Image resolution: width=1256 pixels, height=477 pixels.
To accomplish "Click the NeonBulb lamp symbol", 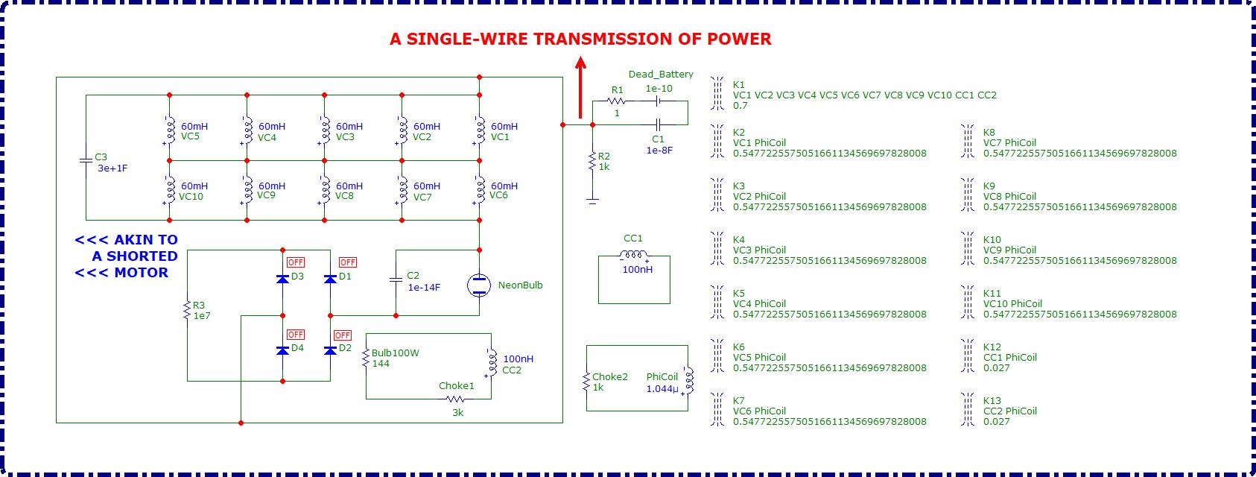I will pyautogui.click(x=478, y=285).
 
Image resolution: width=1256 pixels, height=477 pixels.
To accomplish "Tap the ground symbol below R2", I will pyautogui.click(x=592, y=200).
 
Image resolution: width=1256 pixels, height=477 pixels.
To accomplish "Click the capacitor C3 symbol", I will pyautogui.click(x=86, y=160).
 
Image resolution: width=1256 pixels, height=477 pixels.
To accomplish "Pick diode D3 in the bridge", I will pyautogui.click(x=282, y=278).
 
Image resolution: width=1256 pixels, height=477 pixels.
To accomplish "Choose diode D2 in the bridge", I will pyautogui.click(x=331, y=350).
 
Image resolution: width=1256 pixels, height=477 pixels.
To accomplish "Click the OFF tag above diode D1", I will pyautogui.click(x=347, y=262).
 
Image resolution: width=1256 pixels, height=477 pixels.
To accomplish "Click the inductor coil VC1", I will pyautogui.click(x=478, y=131).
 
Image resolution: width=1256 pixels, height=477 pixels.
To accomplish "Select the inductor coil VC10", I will pyautogui.click(x=169, y=191).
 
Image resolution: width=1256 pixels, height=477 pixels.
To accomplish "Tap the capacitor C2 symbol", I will pyautogui.click(x=396, y=280).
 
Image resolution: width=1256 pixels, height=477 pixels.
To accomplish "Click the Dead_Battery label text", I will pyautogui.click(x=661, y=75).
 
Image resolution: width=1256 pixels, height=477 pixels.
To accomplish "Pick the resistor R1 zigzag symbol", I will pyautogui.click(x=616, y=101).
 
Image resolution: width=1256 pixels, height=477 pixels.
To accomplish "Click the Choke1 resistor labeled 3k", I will pyautogui.click(x=456, y=399).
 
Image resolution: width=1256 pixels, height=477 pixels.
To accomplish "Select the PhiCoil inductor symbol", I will pyautogui.click(x=687, y=380).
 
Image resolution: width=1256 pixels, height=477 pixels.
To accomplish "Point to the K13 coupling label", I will pyautogui.click(x=992, y=401).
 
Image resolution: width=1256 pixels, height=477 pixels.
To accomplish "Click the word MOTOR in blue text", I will pyautogui.click(x=141, y=273).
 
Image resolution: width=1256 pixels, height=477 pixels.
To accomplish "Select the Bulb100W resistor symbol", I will pyautogui.click(x=366, y=359).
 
